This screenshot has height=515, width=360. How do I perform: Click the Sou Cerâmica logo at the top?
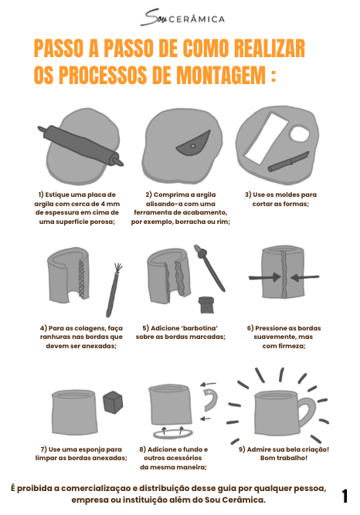coord(182,18)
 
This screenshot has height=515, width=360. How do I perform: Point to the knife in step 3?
coord(289,161)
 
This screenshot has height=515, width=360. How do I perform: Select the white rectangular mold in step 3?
coord(266,138)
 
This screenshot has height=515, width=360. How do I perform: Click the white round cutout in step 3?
coord(300,134)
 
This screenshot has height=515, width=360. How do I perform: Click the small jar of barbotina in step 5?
coord(206,304)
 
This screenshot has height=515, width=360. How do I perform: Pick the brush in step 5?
coord(209,268)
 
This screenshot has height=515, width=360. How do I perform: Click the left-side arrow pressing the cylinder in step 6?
coord(264,277)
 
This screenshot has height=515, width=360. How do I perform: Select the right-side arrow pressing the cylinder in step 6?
coord(305,277)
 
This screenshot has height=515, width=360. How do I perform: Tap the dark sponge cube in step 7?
coord(114,401)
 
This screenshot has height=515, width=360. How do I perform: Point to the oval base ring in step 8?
coord(173,433)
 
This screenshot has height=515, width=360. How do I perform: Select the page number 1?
coord(345,496)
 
